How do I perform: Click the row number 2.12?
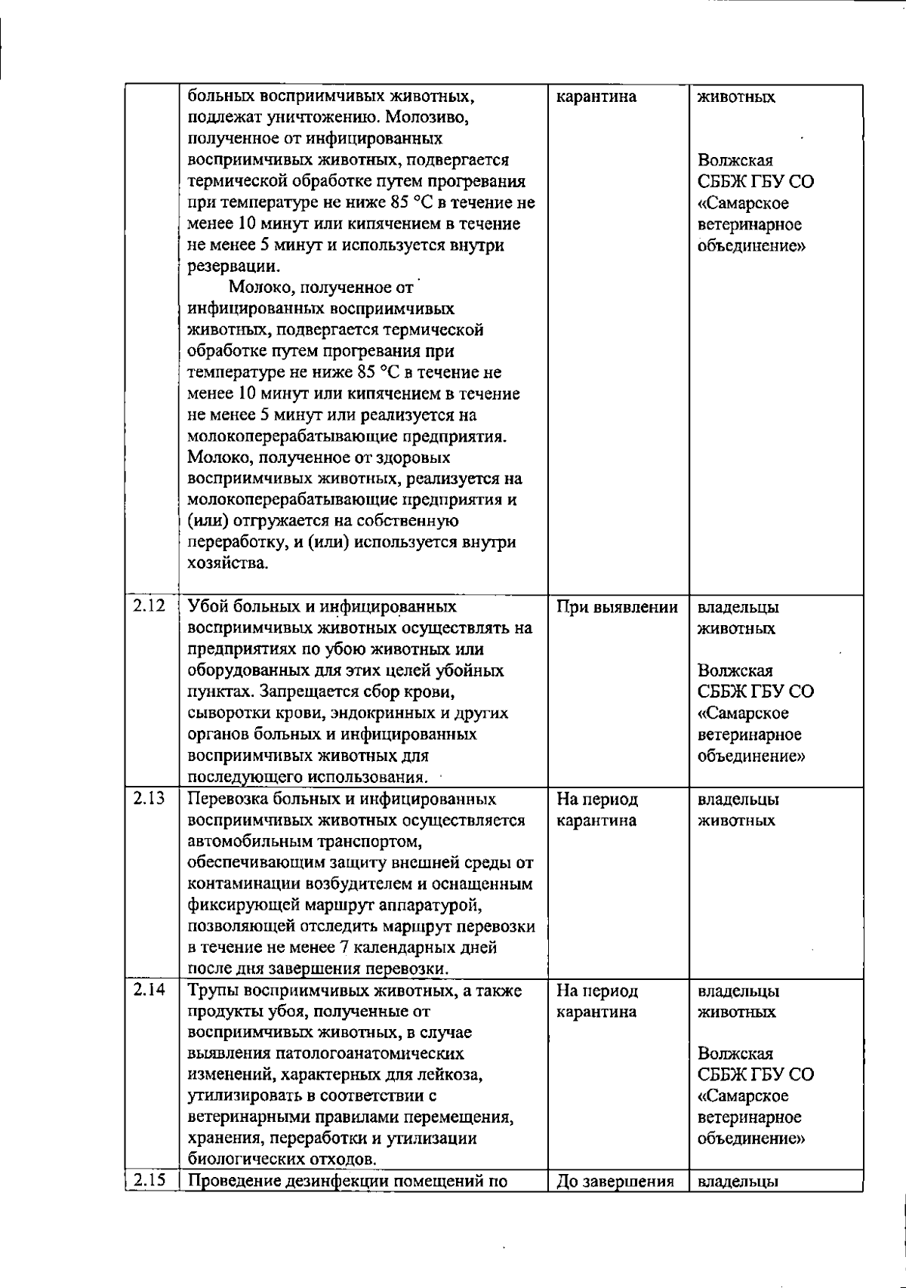click(149, 605)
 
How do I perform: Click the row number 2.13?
click(149, 798)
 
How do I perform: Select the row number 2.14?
click(149, 990)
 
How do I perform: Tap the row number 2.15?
click(149, 1181)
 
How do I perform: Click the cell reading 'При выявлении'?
click(617, 607)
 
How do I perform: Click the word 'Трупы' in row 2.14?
click(214, 991)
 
